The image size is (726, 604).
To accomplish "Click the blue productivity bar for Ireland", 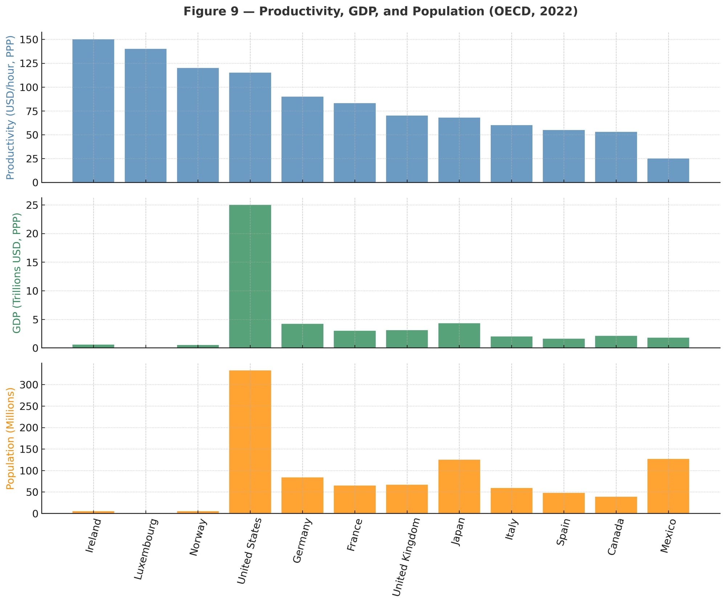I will coord(93,111).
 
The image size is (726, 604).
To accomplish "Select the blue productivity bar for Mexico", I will coord(668,170).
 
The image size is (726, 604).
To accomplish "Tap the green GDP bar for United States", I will coord(250,276).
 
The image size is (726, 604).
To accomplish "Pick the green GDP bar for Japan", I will coord(459,336).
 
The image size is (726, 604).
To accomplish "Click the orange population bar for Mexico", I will coord(668,486).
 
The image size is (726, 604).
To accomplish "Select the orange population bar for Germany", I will coord(302,495).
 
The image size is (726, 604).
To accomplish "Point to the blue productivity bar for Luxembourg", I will coord(146,115).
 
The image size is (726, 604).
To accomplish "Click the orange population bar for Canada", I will coord(616,505).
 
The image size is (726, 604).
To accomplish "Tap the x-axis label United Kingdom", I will coord(406,556).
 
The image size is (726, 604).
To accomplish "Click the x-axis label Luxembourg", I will coord(146,548).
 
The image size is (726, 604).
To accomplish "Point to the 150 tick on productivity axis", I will coord(29,40).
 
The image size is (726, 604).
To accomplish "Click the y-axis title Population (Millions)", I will coord(10,438).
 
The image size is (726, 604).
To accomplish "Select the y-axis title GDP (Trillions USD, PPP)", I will coord(17,273).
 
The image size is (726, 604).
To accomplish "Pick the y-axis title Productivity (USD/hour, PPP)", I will coord(10,107).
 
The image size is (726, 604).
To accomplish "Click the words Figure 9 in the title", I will coord(211,12).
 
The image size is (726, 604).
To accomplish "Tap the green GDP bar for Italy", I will coord(511,342).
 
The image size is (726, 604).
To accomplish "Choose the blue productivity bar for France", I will coord(355,143).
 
